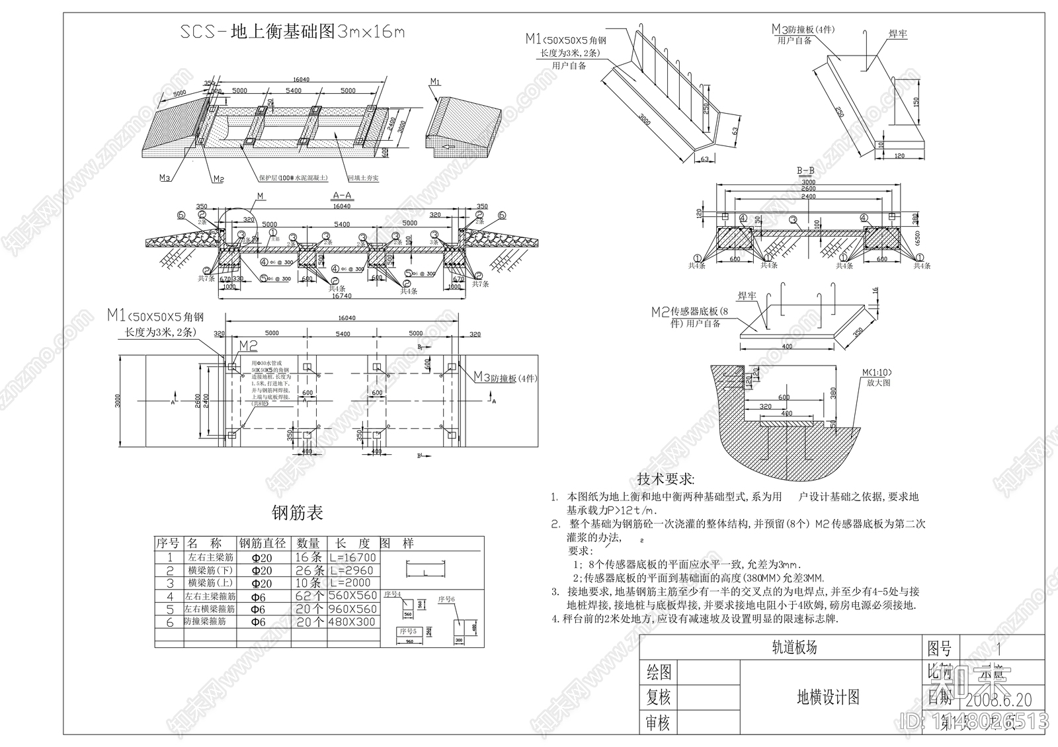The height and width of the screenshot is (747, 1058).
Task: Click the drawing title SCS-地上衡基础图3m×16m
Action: (x=292, y=32)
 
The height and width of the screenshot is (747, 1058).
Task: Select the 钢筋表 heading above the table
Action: (x=298, y=513)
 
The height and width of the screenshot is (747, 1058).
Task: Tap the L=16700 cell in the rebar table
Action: (x=354, y=557)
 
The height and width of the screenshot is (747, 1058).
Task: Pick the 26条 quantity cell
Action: (x=309, y=570)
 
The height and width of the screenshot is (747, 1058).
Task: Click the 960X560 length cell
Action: (x=354, y=609)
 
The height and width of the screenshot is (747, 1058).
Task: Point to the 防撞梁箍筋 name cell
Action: (x=205, y=622)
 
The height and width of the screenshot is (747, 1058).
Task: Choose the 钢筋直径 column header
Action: (x=263, y=543)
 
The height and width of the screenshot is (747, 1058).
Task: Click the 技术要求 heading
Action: (x=666, y=479)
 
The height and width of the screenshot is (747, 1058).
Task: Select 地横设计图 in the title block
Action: (x=828, y=697)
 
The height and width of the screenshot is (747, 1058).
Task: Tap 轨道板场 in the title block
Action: (x=794, y=648)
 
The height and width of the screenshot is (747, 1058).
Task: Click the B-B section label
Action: (x=805, y=170)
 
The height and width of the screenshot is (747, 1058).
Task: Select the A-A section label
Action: (x=341, y=196)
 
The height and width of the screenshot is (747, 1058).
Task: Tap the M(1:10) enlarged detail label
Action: (x=875, y=373)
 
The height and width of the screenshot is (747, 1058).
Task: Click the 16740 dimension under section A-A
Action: (x=341, y=297)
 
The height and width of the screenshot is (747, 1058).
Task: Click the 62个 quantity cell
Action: (x=309, y=596)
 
